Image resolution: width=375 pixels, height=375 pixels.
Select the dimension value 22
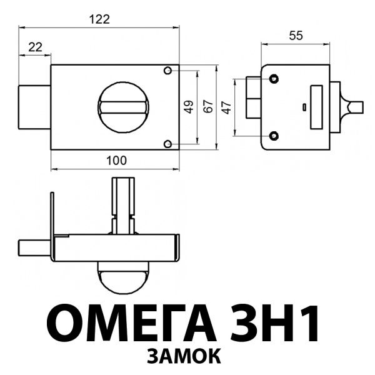point(34,47)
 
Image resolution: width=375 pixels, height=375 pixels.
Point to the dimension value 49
point(189,107)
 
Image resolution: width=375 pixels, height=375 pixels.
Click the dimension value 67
point(209,107)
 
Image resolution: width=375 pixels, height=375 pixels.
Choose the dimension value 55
point(295,36)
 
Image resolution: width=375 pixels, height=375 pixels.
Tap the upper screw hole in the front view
point(167,71)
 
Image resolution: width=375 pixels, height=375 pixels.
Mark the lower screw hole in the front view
point(167,144)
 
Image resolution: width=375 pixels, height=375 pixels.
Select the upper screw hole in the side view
point(274,78)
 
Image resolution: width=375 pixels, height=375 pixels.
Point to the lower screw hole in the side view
point(274,136)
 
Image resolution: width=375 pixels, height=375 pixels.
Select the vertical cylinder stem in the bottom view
point(122,203)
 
